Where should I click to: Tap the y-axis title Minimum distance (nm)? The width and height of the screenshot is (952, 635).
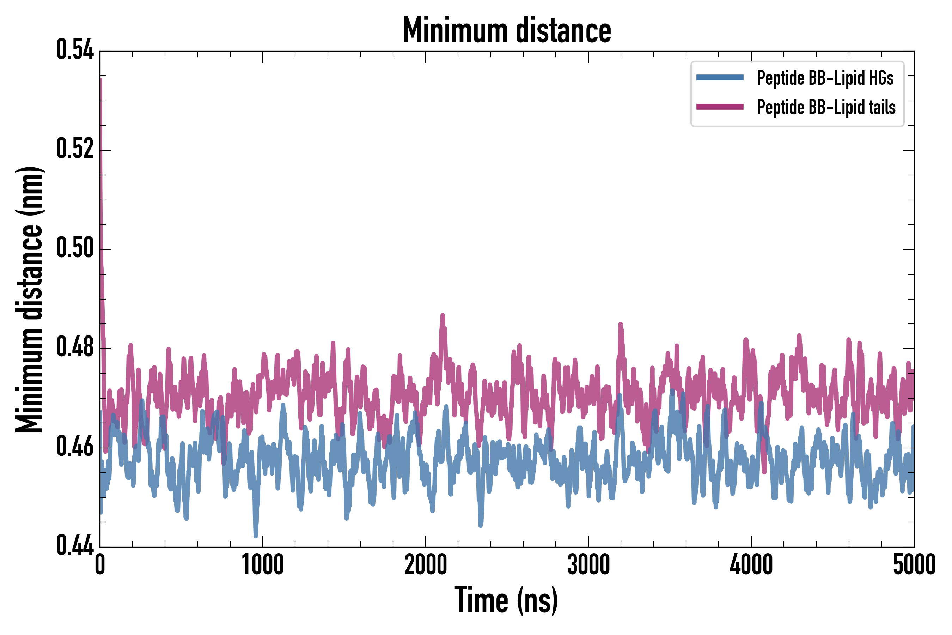(29, 300)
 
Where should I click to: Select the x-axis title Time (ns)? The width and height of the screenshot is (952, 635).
(506, 600)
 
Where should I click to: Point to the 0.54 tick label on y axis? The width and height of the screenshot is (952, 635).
(75, 50)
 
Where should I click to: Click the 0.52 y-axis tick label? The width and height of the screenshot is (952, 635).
(75, 149)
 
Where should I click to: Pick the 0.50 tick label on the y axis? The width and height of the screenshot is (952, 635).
(75, 248)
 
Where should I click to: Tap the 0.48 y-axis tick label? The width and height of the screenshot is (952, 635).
(75, 347)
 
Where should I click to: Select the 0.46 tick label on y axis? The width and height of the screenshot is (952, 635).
(75, 447)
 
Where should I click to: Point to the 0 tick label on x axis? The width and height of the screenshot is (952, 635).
(100, 564)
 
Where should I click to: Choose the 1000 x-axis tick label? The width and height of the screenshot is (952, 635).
(263, 564)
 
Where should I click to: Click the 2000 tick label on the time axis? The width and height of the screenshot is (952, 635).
(426, 564)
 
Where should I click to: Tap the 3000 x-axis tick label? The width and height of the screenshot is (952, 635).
(588, 564)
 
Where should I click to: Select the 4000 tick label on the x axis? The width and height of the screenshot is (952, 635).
(751, 564)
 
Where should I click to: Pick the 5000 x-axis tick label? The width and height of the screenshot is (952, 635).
(914, 564)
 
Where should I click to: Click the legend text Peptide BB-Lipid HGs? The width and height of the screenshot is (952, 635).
(825, 78)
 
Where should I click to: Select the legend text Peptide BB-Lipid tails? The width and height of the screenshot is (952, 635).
(826, 107)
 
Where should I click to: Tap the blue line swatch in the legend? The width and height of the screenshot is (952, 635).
(720, 78)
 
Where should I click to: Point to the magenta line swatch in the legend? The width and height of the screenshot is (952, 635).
(720, 107)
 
